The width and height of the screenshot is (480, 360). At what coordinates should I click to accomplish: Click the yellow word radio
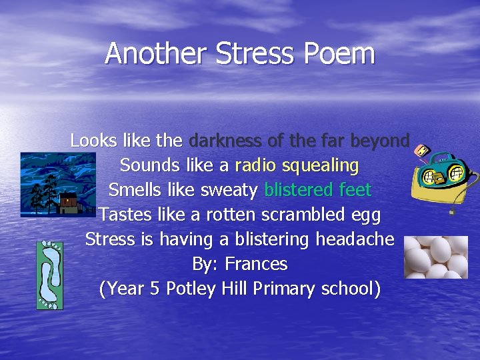click(256, 165)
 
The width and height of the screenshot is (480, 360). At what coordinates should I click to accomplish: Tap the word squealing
click(321, 165)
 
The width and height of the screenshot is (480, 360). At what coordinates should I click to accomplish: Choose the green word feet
click(355, 190)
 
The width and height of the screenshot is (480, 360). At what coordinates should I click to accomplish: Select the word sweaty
click(227, 191)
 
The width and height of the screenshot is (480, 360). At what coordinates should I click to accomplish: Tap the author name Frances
click(256, 264)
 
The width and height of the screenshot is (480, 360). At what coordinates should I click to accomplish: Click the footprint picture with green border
click(50, 275)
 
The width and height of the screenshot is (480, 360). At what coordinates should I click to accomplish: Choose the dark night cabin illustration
click(58, 185)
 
